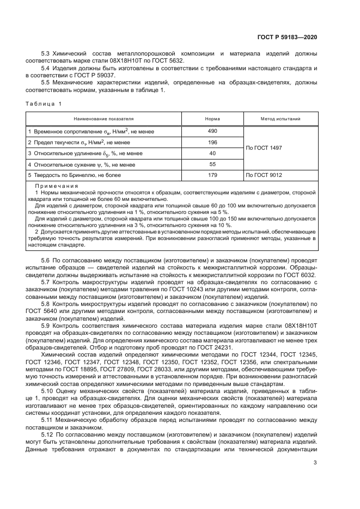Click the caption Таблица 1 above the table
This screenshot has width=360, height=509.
[44, 103]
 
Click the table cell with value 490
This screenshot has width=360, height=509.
[212, 131]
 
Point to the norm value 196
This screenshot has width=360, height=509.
[212, 142]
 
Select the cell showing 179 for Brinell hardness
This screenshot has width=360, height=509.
[212, 175]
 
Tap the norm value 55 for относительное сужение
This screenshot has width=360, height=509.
[212, 164]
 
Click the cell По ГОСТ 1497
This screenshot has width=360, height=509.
[264, 148]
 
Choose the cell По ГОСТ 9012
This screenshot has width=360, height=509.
[264, 175]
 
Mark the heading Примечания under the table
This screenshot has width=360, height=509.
[53, 186]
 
